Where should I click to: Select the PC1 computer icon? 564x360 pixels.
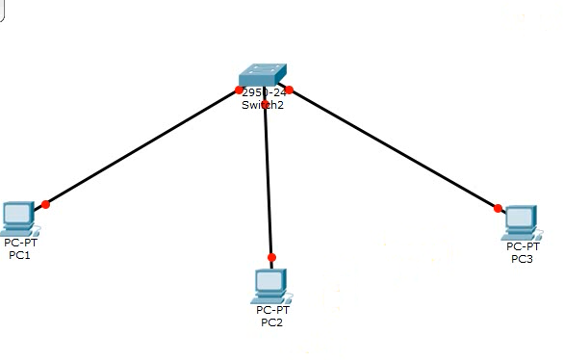(17, 218)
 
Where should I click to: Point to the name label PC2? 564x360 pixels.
(272, 322)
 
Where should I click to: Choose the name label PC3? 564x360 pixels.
(522, 259)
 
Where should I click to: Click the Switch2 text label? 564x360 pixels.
(263, 105)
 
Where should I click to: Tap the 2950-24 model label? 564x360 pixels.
(265, 92)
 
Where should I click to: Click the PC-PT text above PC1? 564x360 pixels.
(19, 243)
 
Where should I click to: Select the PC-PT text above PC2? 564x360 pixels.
(272, 310)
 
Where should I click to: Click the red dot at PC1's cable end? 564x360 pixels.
(45, 204)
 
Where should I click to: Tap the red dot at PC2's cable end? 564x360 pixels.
(271, 258)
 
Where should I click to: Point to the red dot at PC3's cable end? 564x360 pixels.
(498, 208)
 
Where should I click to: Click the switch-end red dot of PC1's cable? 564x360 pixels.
(239, 90)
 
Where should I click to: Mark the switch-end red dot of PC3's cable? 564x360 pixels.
(288, 90)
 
